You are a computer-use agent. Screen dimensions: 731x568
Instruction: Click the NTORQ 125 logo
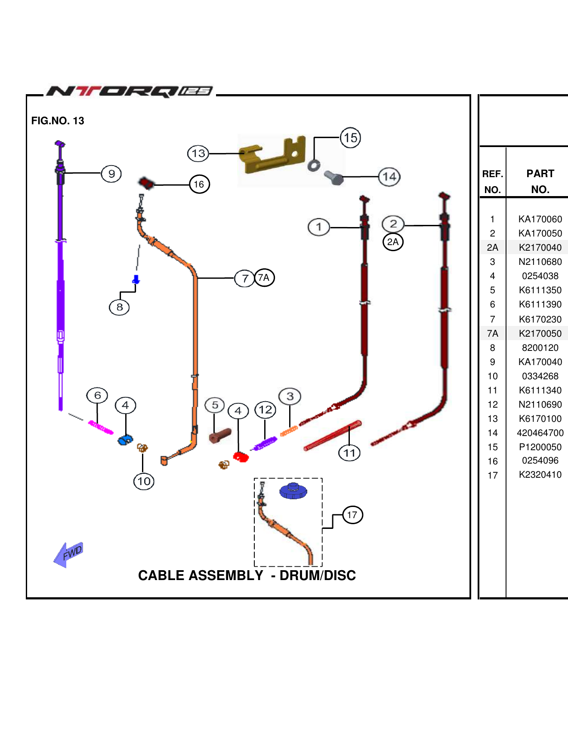coord(129,91)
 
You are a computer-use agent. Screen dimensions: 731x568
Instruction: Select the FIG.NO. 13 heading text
coord(58,121)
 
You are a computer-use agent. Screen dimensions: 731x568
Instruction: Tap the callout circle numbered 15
coord(350,138)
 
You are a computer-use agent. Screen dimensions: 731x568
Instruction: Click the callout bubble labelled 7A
coord(264,278)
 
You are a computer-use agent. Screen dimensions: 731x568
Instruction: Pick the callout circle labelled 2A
coord(393,242)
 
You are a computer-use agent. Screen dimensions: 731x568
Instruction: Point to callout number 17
coord(352,515)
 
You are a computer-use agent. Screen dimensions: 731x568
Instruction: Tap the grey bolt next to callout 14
coord(334,177)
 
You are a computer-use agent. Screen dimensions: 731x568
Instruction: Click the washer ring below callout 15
coord(314,165)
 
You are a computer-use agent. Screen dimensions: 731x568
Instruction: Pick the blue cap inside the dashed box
coord(293,491)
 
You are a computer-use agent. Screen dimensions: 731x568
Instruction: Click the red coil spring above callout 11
coord(332,436)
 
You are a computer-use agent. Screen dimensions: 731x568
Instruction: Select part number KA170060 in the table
coord(540,219)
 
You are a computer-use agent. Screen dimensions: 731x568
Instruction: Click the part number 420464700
coord(540,433)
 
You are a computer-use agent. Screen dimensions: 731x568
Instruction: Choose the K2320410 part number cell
coord(540,475)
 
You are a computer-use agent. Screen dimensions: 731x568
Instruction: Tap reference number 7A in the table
coord(493,334)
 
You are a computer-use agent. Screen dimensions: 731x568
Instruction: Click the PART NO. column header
coord(540,181)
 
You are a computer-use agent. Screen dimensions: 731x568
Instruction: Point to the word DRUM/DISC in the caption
coord(318,575)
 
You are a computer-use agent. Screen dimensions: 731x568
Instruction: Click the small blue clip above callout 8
coord(136,280)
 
